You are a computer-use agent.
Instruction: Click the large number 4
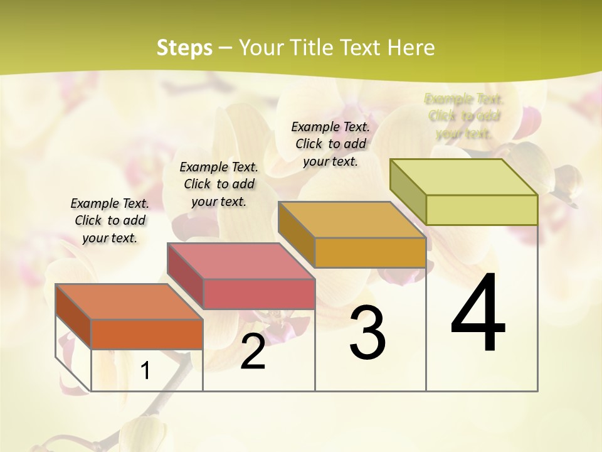click(x=478, y=314)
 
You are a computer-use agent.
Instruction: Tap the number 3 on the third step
click(x=367, y=333)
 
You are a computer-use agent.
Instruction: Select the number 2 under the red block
click(x=253, y=352)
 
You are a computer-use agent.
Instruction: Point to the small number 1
click(x=145, y=371)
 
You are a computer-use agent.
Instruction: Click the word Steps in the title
click(x=184, y=48)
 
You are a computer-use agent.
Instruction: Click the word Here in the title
click(x=411, y=48)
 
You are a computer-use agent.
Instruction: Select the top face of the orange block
click(x=129, y=302)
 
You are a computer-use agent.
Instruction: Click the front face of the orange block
click(x=147, y=334)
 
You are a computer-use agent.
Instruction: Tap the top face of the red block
click(x=241, y=261)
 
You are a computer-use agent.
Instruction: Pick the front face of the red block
click(x=258, y=294)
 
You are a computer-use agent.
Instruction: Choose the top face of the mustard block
click(x=352, y=220)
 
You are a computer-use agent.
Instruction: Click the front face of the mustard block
click(x=370, y=252)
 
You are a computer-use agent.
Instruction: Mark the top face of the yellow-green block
click(x=464, y=177)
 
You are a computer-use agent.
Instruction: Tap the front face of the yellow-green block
click(x=482, y=210)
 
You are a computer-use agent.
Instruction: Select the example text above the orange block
click(x=110, y=220)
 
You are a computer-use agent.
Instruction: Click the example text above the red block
click(x=219, y=184)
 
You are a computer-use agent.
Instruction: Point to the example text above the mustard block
click(x=330, y=144)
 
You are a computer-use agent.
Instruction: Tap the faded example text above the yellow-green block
click(x=464, y=116)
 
